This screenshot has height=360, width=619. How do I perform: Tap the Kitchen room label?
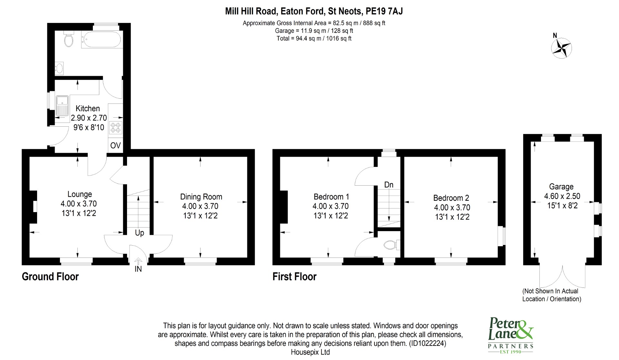[x=88, y=109]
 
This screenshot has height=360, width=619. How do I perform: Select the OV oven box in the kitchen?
[x=115, y=145]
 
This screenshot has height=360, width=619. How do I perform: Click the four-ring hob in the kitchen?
[x=115, y=127]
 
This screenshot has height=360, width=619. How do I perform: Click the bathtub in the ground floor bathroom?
[x=101, y=40]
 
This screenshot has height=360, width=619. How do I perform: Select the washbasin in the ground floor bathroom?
[x=59, y=68]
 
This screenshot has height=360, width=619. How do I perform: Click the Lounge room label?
[x=80, y=194]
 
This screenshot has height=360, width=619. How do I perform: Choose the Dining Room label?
[x=201, y=197]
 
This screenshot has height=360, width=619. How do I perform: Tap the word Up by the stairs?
[x=139, y=233]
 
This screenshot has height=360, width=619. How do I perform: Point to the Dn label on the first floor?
[x=389, y=185]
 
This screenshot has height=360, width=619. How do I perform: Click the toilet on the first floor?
[x=391, y=245]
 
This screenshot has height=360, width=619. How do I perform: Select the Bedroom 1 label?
[x=331, y=197]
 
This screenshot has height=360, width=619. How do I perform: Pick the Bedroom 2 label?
[x=451, y=198]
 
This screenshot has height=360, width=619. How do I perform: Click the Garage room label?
[x=561, y=187]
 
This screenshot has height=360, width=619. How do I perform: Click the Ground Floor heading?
[x=50, y=277]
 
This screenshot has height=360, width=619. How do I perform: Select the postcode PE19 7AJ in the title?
[x=384, y=12]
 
